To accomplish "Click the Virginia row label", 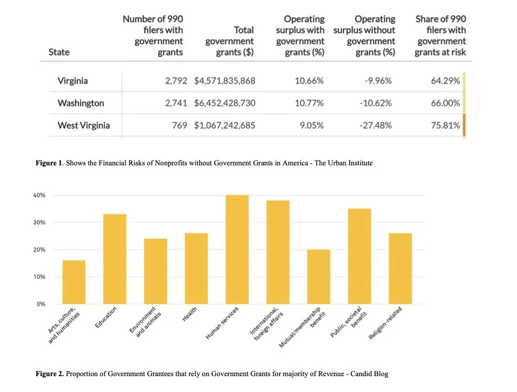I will tap(73, 81).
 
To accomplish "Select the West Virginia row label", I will tap(83, 126).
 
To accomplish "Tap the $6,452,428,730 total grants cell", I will tap(225, 103).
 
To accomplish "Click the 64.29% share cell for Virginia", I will tap(445, 81).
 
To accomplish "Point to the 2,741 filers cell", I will tap(176, 103).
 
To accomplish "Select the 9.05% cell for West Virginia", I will tap(311, 126).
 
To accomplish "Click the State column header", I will tap(59, 52).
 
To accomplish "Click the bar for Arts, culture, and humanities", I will tap(74, 282).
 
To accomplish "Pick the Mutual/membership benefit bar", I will tap(319, 277).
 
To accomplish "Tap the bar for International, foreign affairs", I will tap(278, 252).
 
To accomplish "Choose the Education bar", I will tap(114, 259).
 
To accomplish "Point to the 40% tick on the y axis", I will tap(40, 195).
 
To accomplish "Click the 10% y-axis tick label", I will tap(40, 277).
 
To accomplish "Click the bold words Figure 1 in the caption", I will tap(48, 163).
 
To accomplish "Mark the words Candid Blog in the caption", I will tap(370, 374).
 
